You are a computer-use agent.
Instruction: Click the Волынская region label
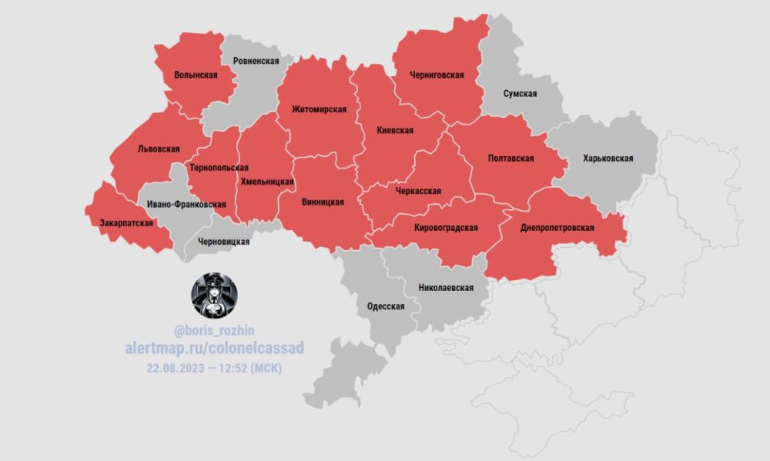[196, 75]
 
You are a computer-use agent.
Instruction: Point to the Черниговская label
[437, 75]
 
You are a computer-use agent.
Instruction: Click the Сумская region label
[520, 93]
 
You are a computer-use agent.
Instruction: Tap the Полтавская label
[511, 159]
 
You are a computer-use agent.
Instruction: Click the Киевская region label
[395, 131]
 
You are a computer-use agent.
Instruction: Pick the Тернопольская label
[219, 167]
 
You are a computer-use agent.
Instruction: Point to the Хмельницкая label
[267, 182]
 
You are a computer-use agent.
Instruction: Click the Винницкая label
[322, 202]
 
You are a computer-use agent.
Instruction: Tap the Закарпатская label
[126, 223]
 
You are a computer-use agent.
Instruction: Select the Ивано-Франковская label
[186, 204]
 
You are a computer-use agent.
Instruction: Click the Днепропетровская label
[557, 229]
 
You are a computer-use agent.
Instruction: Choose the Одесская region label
[386, 306]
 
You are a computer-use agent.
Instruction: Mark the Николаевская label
[445, 288]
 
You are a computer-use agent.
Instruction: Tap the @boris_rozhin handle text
[214, 332]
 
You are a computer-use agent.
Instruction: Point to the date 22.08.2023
[178, 368]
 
